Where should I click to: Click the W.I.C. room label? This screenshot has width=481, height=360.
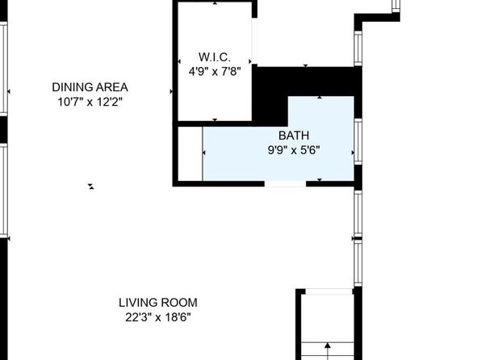click(215, 57)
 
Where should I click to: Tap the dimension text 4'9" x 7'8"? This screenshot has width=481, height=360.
click(215, 72)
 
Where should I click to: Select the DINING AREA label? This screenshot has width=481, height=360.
click(90, 87)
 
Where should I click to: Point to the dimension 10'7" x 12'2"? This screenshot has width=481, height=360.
click(90, 102)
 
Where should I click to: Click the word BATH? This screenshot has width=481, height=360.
click(294, 136)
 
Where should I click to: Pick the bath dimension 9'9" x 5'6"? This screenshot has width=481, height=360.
click(294, 150)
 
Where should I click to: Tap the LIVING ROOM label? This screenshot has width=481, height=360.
click(158, 303)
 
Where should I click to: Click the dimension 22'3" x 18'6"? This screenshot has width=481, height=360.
click(158, 317)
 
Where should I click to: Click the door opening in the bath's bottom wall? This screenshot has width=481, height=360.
click(285, 183)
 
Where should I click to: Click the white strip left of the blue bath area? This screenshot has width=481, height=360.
click(190, 153)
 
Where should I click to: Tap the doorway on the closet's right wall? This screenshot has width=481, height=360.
click(254, 40)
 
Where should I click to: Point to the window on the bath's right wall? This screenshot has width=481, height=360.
click(358, 142)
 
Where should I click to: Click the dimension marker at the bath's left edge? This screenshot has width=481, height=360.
click(204, 153)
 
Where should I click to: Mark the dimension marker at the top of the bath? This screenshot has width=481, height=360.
click(320, 97)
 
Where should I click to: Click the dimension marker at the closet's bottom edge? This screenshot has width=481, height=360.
click(215, 120)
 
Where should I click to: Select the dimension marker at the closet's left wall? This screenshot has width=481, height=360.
click(179, 61)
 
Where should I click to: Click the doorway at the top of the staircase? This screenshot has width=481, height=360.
click(328, 291)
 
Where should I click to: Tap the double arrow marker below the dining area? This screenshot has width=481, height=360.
click(91, 186)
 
